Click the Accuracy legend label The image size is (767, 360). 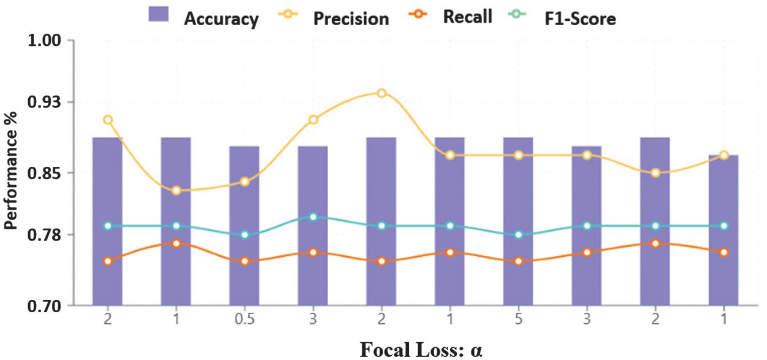[221, 18]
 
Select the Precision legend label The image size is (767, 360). [351, 18]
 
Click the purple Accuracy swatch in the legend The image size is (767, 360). [163, 14]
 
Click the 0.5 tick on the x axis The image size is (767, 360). [245, 320]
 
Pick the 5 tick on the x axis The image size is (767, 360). [518, 320]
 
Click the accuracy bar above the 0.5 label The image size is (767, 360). [245, 227]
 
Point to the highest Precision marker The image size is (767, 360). [381, 93]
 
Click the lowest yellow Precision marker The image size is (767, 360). [176, 191]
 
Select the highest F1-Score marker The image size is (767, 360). [313, 217]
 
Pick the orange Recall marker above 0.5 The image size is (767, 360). [245, 261]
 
